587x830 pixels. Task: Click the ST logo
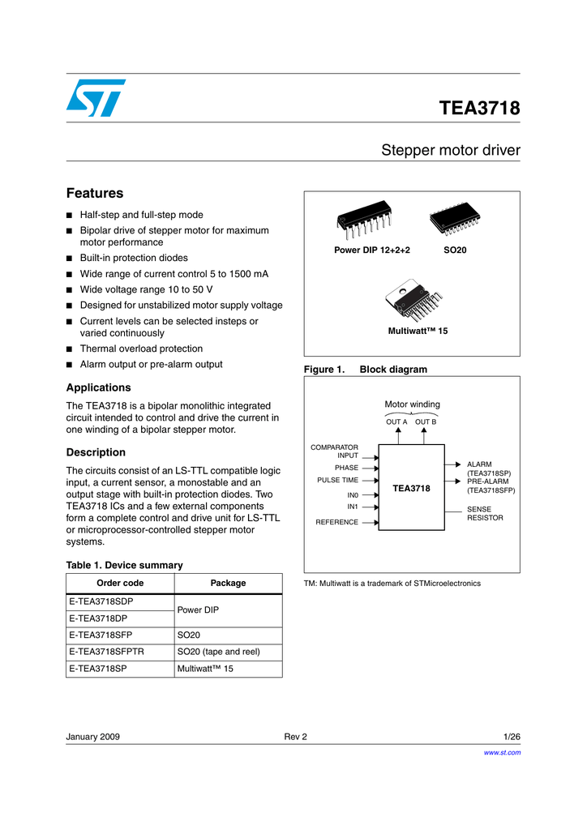pos(96,98)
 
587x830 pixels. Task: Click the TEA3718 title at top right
pos(479,108)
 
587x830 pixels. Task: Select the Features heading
pos(94,193)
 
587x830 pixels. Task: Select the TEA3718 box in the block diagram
pos(411,488)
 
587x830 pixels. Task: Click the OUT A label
pos(396,422)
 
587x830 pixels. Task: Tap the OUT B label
pos(426,422)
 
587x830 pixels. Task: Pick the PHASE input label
pos(346,468)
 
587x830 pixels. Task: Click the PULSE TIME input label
pos(337,480)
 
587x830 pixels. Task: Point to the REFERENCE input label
pos(336,522)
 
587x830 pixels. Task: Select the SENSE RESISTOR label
pos(485,514)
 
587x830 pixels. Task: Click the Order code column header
pos(120,583)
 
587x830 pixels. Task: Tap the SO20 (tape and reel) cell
pos(218,652)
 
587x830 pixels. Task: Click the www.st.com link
pos(502,753)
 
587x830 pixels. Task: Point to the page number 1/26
pos(512,737)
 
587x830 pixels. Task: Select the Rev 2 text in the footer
pos(295,737)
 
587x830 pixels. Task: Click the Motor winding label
pos(412,404)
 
